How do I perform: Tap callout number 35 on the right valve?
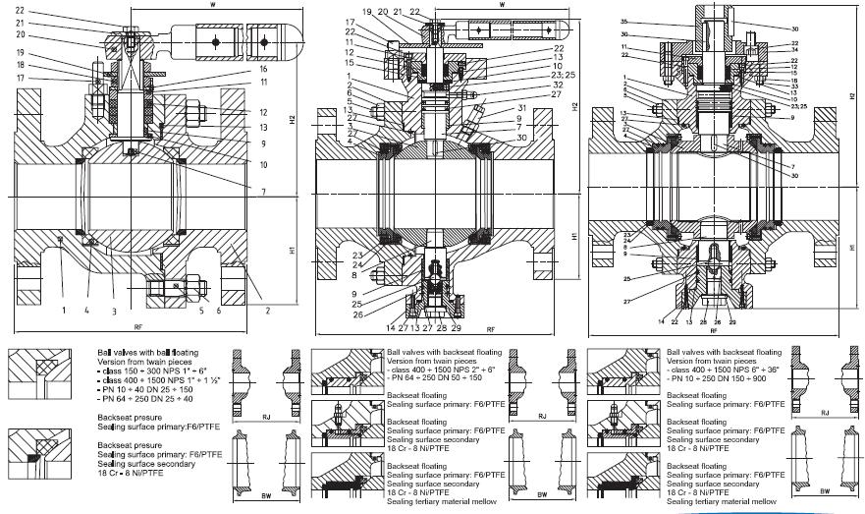[x=596, y=21]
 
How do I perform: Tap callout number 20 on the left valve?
[x=19, y=34]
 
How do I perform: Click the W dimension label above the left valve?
[x=213, y=5]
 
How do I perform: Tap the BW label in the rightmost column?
[x=826, y=488]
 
